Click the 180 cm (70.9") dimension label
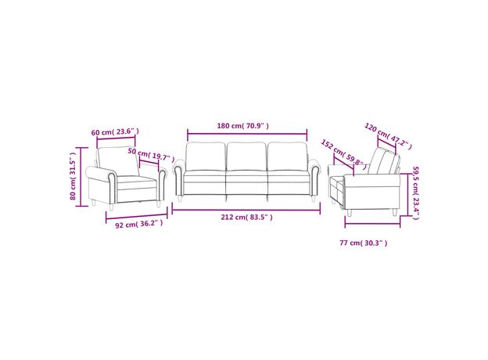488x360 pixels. (x=242, y=126)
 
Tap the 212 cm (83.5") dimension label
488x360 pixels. (x=247, y=217)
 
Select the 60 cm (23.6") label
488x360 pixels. (x=115, y=131)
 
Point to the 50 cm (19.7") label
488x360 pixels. (x=151, y=155)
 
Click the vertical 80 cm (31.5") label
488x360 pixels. (x=73, y=176)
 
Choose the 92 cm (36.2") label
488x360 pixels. (x=138, y=224)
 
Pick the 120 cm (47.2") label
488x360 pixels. (x=388, y=136)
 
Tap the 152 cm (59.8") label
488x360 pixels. (x=344, y=154)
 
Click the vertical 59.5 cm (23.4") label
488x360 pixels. (x=416, y=193)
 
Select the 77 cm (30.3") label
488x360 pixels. (x=364, y=243)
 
